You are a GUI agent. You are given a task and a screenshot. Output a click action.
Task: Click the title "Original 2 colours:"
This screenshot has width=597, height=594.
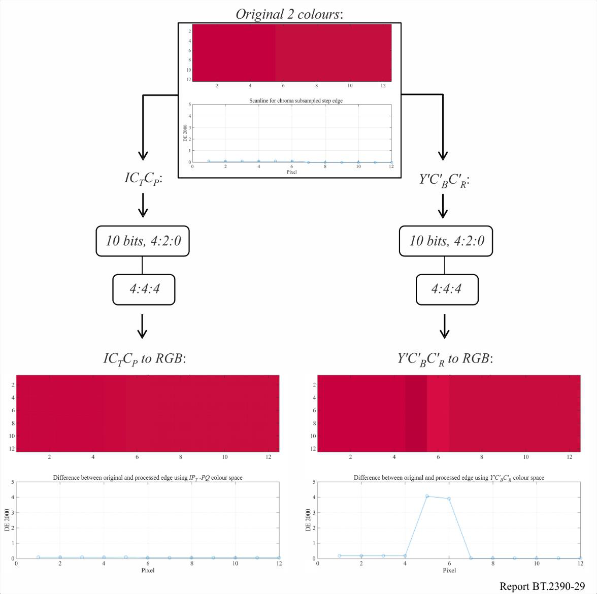pos(289,14)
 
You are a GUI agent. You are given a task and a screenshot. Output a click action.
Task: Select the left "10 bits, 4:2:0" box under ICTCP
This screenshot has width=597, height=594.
pos(143,241)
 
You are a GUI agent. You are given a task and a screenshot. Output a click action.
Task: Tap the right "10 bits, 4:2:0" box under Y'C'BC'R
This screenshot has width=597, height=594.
pos(446,241)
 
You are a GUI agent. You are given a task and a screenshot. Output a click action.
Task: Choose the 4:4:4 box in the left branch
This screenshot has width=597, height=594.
pos(144,289)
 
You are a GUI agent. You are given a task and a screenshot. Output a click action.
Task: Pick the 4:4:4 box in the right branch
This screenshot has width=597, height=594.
pos(447,289)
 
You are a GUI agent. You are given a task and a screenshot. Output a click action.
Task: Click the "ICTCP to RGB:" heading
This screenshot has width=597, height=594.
pos(145,359)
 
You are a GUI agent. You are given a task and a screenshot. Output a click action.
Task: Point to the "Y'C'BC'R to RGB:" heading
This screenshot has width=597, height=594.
pos(445,359)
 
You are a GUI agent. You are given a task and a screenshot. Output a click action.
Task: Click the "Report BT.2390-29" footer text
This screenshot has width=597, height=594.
pos(542,586)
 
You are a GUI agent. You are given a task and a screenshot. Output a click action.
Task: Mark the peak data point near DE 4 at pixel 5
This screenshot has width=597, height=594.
pos(427,496)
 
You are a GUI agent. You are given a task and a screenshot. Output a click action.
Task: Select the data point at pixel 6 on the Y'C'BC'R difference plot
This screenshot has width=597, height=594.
pos(449,499)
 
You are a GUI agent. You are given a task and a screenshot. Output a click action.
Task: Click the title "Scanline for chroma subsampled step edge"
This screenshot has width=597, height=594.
pos(296,101)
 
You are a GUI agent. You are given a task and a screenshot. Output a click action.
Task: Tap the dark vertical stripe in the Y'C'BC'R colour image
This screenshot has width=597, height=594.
pos(416,413)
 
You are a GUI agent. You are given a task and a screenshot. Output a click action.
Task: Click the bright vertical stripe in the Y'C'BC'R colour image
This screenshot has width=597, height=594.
pos(438,413)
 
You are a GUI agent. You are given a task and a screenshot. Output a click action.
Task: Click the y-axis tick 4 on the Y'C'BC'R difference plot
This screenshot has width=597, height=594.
pos(314,498)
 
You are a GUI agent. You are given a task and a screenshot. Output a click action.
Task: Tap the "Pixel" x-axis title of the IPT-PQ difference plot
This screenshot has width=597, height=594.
pos(148,570)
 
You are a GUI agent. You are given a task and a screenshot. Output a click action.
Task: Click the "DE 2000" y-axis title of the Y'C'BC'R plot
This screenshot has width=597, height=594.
pos(308,520)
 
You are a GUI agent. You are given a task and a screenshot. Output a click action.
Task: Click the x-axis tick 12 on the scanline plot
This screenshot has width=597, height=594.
pos(391,167)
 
